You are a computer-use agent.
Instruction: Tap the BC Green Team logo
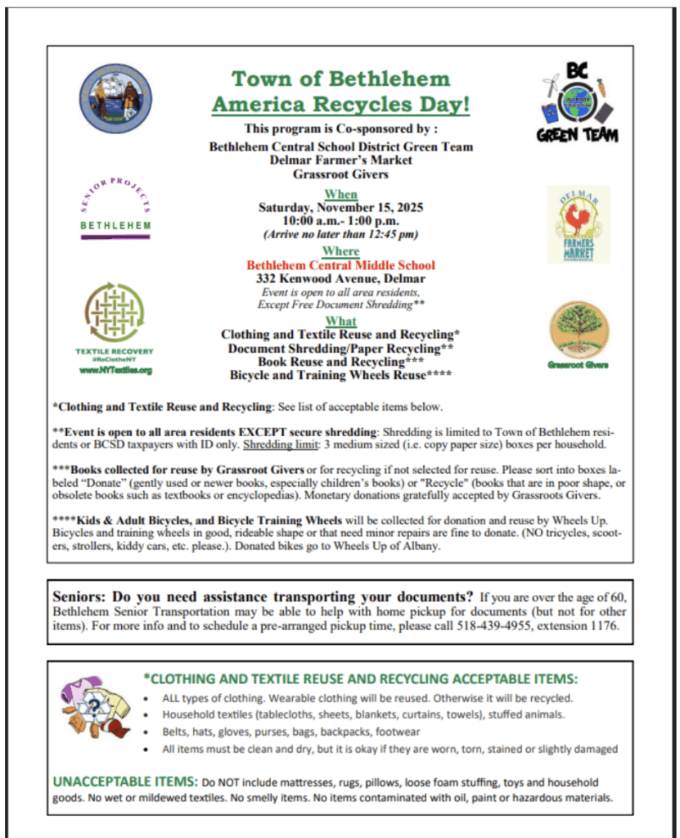point(579,102)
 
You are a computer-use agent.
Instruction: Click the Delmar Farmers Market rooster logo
point(579,223)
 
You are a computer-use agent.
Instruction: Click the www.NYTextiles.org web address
point(115,370)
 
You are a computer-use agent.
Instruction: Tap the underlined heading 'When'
point(340,194)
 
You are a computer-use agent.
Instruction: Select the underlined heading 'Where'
point(340,251)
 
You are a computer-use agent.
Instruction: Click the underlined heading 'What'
point(340,321)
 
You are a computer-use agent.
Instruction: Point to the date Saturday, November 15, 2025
point(340,208)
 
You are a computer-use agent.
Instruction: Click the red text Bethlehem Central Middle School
point(340,265)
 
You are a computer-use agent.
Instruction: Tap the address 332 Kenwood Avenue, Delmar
point(340,279)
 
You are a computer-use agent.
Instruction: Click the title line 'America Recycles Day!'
point(340,105)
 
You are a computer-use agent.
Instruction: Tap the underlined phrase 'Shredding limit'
point(273,444)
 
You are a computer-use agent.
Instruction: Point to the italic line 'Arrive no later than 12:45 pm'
point(340,234)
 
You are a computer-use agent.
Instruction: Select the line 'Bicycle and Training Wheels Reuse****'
point(340,375)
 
